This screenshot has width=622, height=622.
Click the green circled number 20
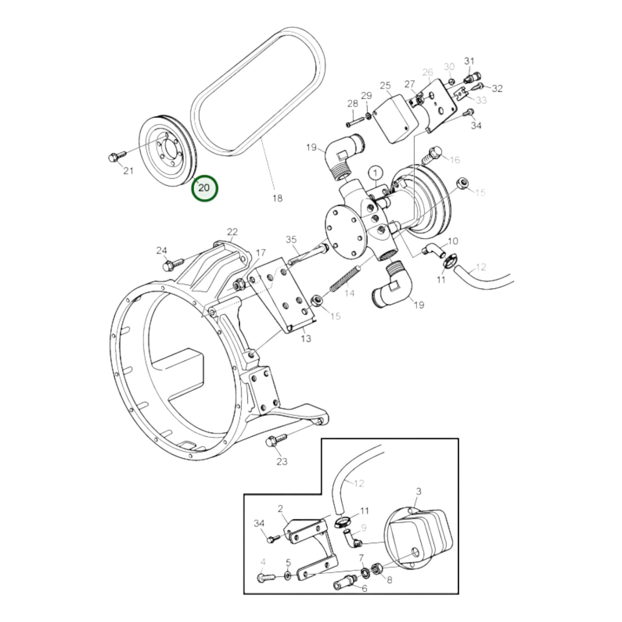click(x=204, y=188)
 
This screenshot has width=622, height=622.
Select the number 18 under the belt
click(x=278, y=198)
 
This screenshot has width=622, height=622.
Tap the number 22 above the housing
click(x=232, y=232)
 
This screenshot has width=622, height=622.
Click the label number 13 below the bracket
click(x=306, y=338)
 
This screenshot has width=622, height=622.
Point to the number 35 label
click(x=291, y=239)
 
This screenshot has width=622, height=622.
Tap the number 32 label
click(x=497, y=88)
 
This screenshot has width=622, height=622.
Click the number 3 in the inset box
click(x=418, y=491)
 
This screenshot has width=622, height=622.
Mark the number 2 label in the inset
click(x=280, y=509)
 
